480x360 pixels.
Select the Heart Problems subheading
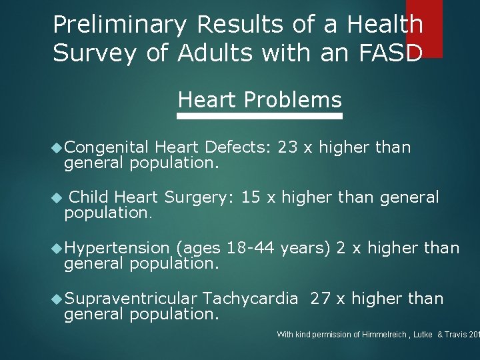coord(259,100)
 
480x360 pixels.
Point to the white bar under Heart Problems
coord(259,116)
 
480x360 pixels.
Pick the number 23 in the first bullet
coord(287,147)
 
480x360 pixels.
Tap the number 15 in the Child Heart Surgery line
coord(251,197)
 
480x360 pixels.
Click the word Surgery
coord(199,198)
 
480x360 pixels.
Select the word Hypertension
coord(117,248)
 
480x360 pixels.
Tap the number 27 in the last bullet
coord(321,299)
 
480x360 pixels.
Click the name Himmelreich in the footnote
coord(371,334)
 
